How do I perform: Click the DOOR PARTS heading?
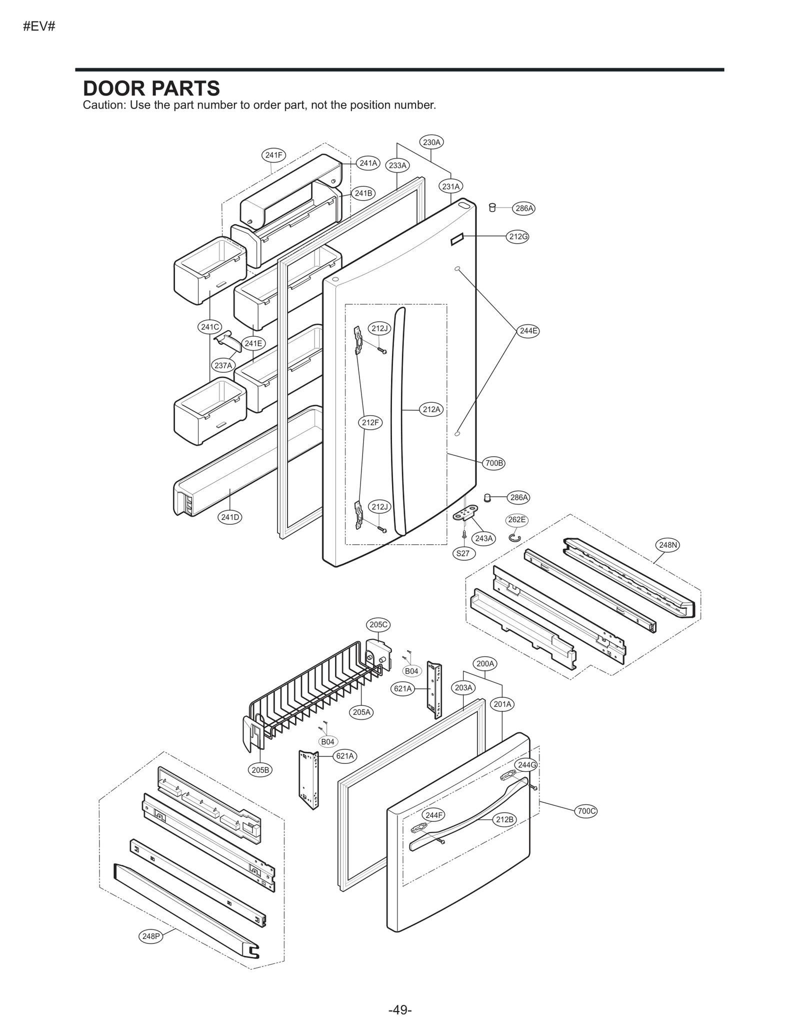151,89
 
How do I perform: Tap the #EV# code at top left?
38,27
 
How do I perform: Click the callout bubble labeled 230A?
431,142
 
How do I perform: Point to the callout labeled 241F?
273,155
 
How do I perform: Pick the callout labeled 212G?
518,237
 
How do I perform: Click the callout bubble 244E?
528,331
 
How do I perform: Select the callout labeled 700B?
494,463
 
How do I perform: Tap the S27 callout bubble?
463,553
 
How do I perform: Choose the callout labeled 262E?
516,520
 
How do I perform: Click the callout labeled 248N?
668,545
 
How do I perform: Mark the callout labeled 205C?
378,624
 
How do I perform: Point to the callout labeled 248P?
150,936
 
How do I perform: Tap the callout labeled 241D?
230,517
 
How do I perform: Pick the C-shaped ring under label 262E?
515,538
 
